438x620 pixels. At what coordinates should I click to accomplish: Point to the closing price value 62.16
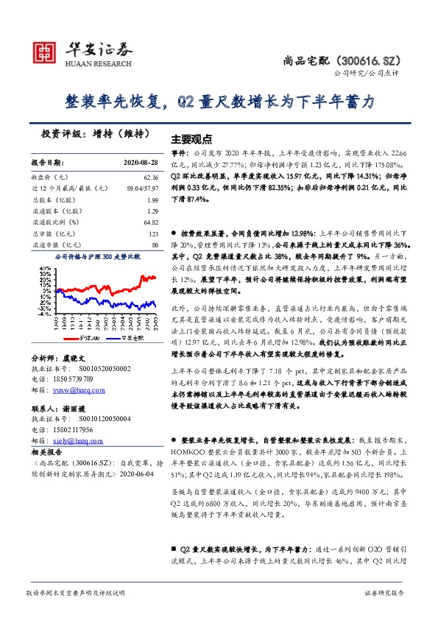point(151,177)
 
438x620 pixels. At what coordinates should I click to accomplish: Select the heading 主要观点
point(191,138)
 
